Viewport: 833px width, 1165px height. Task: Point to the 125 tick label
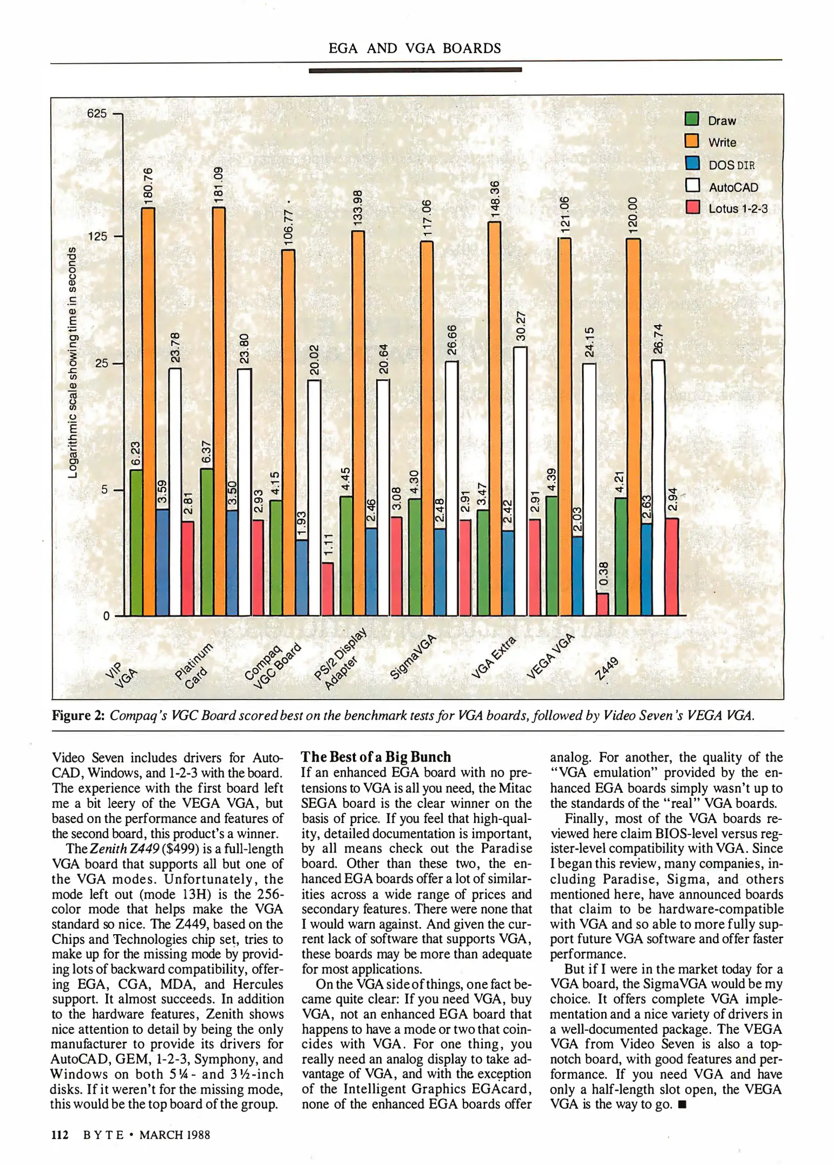(x=97, y=236)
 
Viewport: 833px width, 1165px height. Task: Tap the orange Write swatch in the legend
(x=692, y=141)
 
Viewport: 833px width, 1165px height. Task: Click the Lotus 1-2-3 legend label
(x=738, y=209)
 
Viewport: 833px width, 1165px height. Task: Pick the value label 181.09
(x=218, y=185)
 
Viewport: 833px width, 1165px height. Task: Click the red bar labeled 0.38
(x=603, y=604)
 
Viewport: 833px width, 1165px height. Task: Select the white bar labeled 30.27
(x=520, y=480)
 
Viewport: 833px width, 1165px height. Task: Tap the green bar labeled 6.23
(x=136, y=542)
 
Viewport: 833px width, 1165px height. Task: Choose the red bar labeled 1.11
(x=328, y=589)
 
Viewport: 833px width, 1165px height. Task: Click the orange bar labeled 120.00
(x=634, y=426)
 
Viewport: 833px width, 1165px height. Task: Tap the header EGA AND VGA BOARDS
(x=414, y=49)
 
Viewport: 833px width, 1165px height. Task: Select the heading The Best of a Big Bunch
(x=376, y=757)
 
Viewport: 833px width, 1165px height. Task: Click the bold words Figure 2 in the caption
(x=78, y=716)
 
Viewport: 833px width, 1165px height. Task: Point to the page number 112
(x=60, y=1135)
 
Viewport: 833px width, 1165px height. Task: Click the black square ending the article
(x=682, y=1105)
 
